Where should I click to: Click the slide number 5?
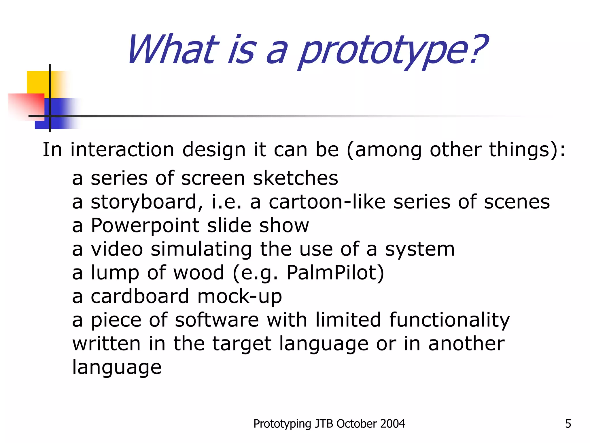568,424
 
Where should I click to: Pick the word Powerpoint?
145,226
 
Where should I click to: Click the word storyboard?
147,202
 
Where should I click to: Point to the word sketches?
295,178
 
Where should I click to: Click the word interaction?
122,150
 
